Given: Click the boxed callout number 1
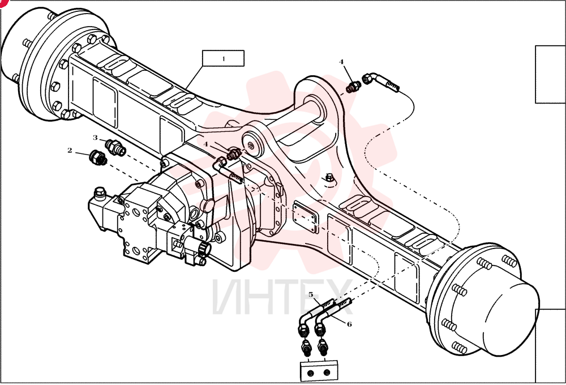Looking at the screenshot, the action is [x=224, y=58].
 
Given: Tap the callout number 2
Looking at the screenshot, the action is [x=70, y=150].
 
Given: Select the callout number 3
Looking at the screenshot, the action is [x=95, y=138].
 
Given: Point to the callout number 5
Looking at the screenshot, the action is [x=311, y=295].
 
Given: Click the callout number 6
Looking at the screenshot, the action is [x=349, y=324].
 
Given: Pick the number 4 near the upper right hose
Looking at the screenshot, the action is [x=341, y=62].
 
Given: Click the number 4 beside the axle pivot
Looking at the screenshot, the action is [x=206, y=144].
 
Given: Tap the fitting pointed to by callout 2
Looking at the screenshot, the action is [x=98, y=158].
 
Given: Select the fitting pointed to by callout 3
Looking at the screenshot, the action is [x=115, y=147].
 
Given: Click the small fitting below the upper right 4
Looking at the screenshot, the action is [x=353, y=87].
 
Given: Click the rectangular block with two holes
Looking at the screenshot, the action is [x=319, y=371].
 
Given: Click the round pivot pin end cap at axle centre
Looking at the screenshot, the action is [x=252, y=144].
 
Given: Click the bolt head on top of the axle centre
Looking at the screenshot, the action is [x=329, y=177].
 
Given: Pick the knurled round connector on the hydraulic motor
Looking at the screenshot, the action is [x=204, y=249].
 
